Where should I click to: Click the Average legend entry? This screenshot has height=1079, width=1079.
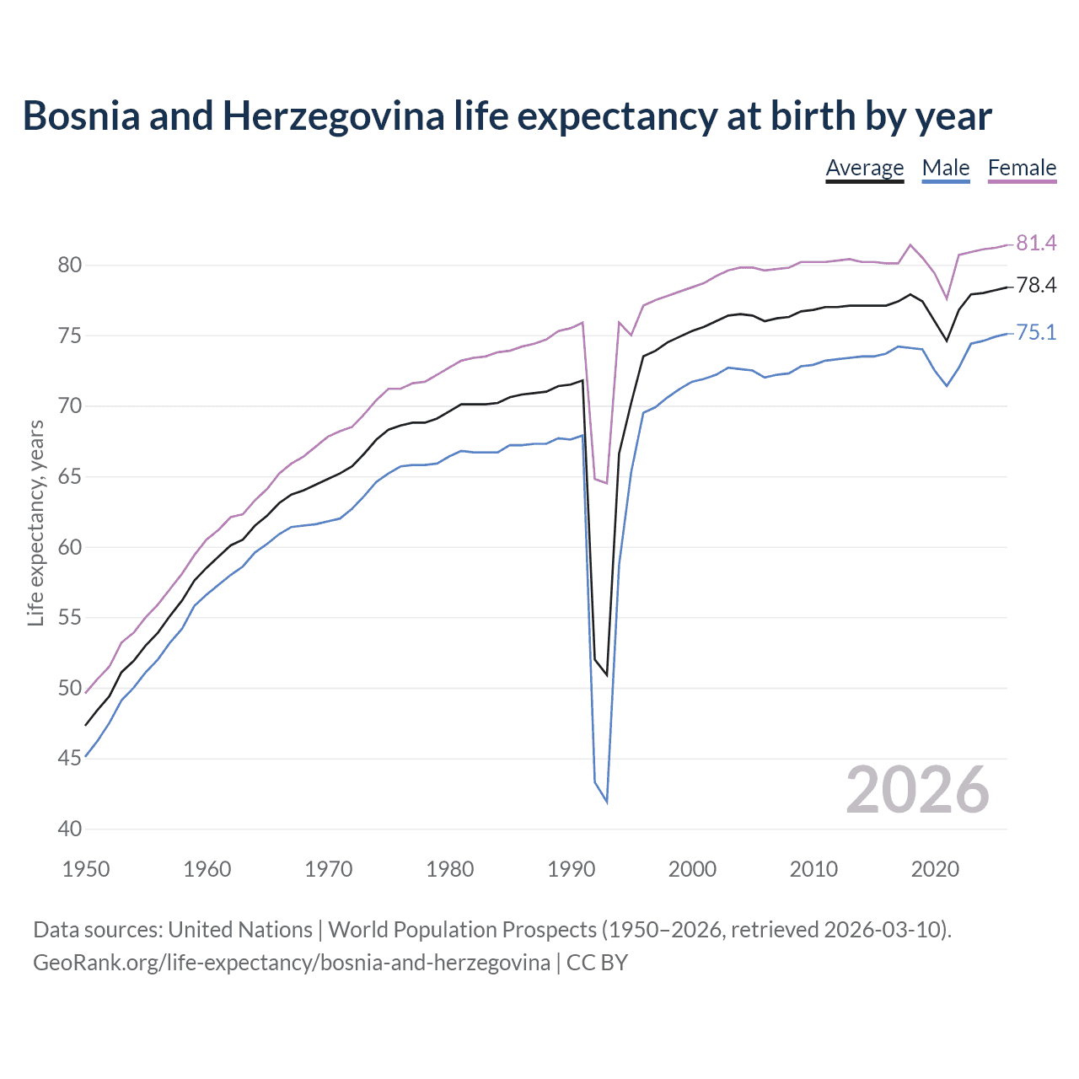864,168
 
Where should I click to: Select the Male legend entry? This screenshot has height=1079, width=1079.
945,168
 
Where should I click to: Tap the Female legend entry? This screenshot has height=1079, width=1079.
1022,168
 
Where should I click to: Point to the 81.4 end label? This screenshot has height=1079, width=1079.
1036,244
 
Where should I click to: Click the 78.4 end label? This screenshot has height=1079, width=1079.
1036,286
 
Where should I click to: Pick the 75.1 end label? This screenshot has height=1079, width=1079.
1036,333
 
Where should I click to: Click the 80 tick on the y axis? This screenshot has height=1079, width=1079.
69,266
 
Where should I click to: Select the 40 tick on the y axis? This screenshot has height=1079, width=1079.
69,829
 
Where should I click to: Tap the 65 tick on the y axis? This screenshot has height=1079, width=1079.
69,477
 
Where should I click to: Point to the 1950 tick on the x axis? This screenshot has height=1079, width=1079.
86,869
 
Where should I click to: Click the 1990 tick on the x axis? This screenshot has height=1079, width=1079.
572,869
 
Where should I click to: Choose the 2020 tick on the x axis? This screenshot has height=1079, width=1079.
935,869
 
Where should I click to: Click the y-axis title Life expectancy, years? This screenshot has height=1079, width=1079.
35,523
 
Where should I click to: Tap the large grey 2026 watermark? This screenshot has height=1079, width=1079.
917,790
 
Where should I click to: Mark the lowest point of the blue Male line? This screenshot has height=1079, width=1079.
607,802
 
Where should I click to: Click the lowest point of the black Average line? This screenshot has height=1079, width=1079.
607,675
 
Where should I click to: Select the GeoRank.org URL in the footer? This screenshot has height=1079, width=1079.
291,963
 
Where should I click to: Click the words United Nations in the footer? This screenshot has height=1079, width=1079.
240,930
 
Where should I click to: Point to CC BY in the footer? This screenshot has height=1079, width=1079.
597,963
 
